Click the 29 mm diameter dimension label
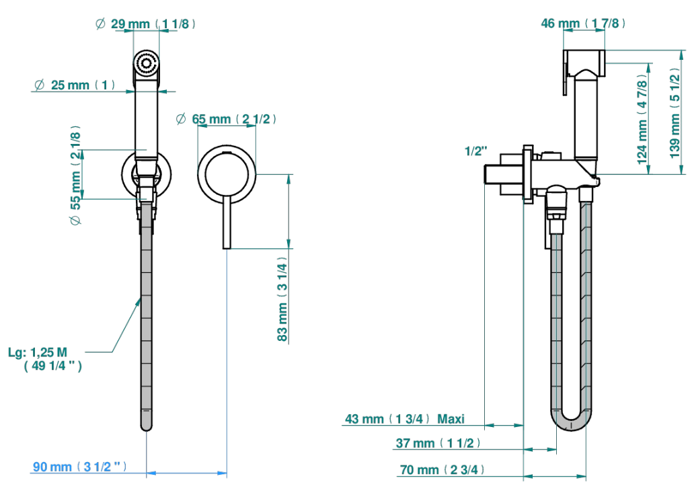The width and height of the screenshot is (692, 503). coord(145,24)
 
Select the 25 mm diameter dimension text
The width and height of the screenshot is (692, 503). coord(75,85)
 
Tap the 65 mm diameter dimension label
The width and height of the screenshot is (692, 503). coord(226,119)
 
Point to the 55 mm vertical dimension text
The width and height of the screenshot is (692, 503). coord(76,175)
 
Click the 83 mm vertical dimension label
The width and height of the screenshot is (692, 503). coord(282,302)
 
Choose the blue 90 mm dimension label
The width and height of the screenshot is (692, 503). coord(80,467)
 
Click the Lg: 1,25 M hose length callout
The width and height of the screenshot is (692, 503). coord(45,359)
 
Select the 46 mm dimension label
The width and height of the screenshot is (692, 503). coord(583,24)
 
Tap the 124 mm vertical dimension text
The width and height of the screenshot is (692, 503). coord(643,119)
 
